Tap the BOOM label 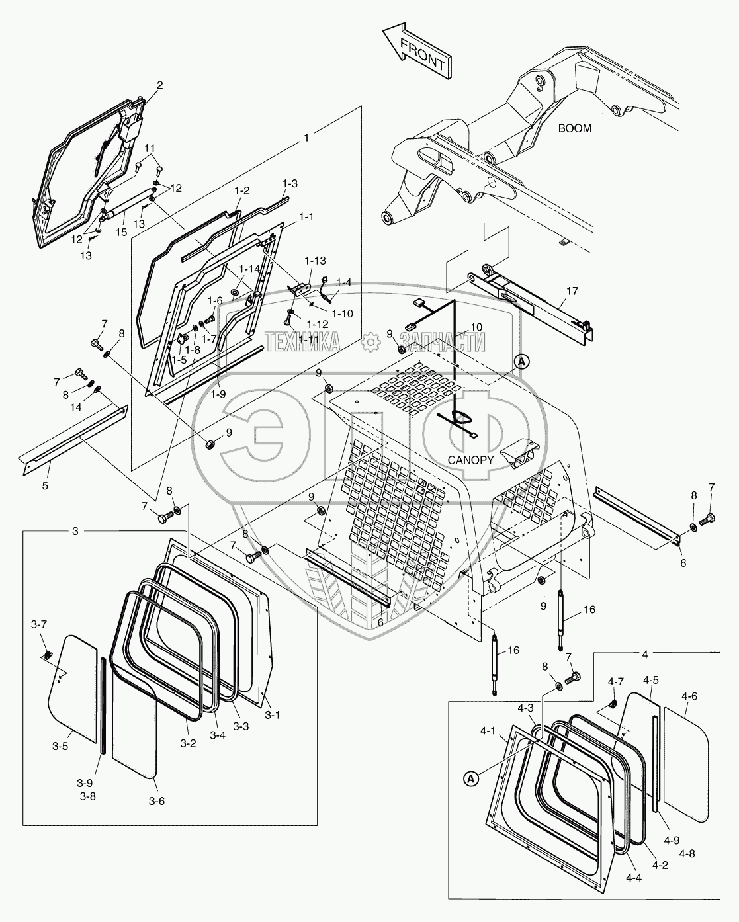[x=574, y=128]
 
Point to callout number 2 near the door [x=159, y=85]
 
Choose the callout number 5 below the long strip [x=45, y=486]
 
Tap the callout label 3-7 [x=39, y=624]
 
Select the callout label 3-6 [x=157, y=801]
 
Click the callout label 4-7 [x=616, y=681]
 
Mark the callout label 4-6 [x=689, y=696]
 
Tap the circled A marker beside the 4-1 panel [x=470, y=780]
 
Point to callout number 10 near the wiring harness [x=477, y=327]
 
